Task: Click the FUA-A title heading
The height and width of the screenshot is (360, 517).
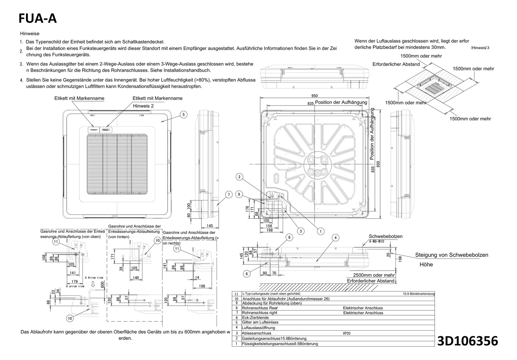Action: click(x=37, y=19)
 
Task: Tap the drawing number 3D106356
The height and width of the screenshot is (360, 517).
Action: click(x=468, y=341)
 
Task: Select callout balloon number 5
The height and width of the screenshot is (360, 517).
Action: click(x=183, y=115)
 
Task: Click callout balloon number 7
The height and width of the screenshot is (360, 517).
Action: click(x=229, y=195)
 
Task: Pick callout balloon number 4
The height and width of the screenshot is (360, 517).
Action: click(x=335, y=237)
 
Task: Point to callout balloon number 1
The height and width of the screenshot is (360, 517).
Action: click(x=320, y=231)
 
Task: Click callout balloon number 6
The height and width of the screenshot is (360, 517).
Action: click(x=246, y=274)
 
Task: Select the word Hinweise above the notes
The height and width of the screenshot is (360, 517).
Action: click(x=30, y=33)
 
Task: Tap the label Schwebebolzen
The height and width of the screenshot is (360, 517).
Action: click(x=385, y=236)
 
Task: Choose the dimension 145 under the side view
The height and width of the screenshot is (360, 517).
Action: click(x=210, y=226)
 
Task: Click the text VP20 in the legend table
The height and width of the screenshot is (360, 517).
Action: click(x=346, y=333)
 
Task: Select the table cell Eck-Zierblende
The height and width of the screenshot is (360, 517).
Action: click(x=255, y=317)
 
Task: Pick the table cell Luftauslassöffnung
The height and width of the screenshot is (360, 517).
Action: click(x=258, y=328)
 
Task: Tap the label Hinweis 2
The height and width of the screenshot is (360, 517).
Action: click(x=143, y=106)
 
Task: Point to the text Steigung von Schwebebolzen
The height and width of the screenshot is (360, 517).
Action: click(x=451, y=255)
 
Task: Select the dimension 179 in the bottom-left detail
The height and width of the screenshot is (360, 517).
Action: click(x=74, y=282)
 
